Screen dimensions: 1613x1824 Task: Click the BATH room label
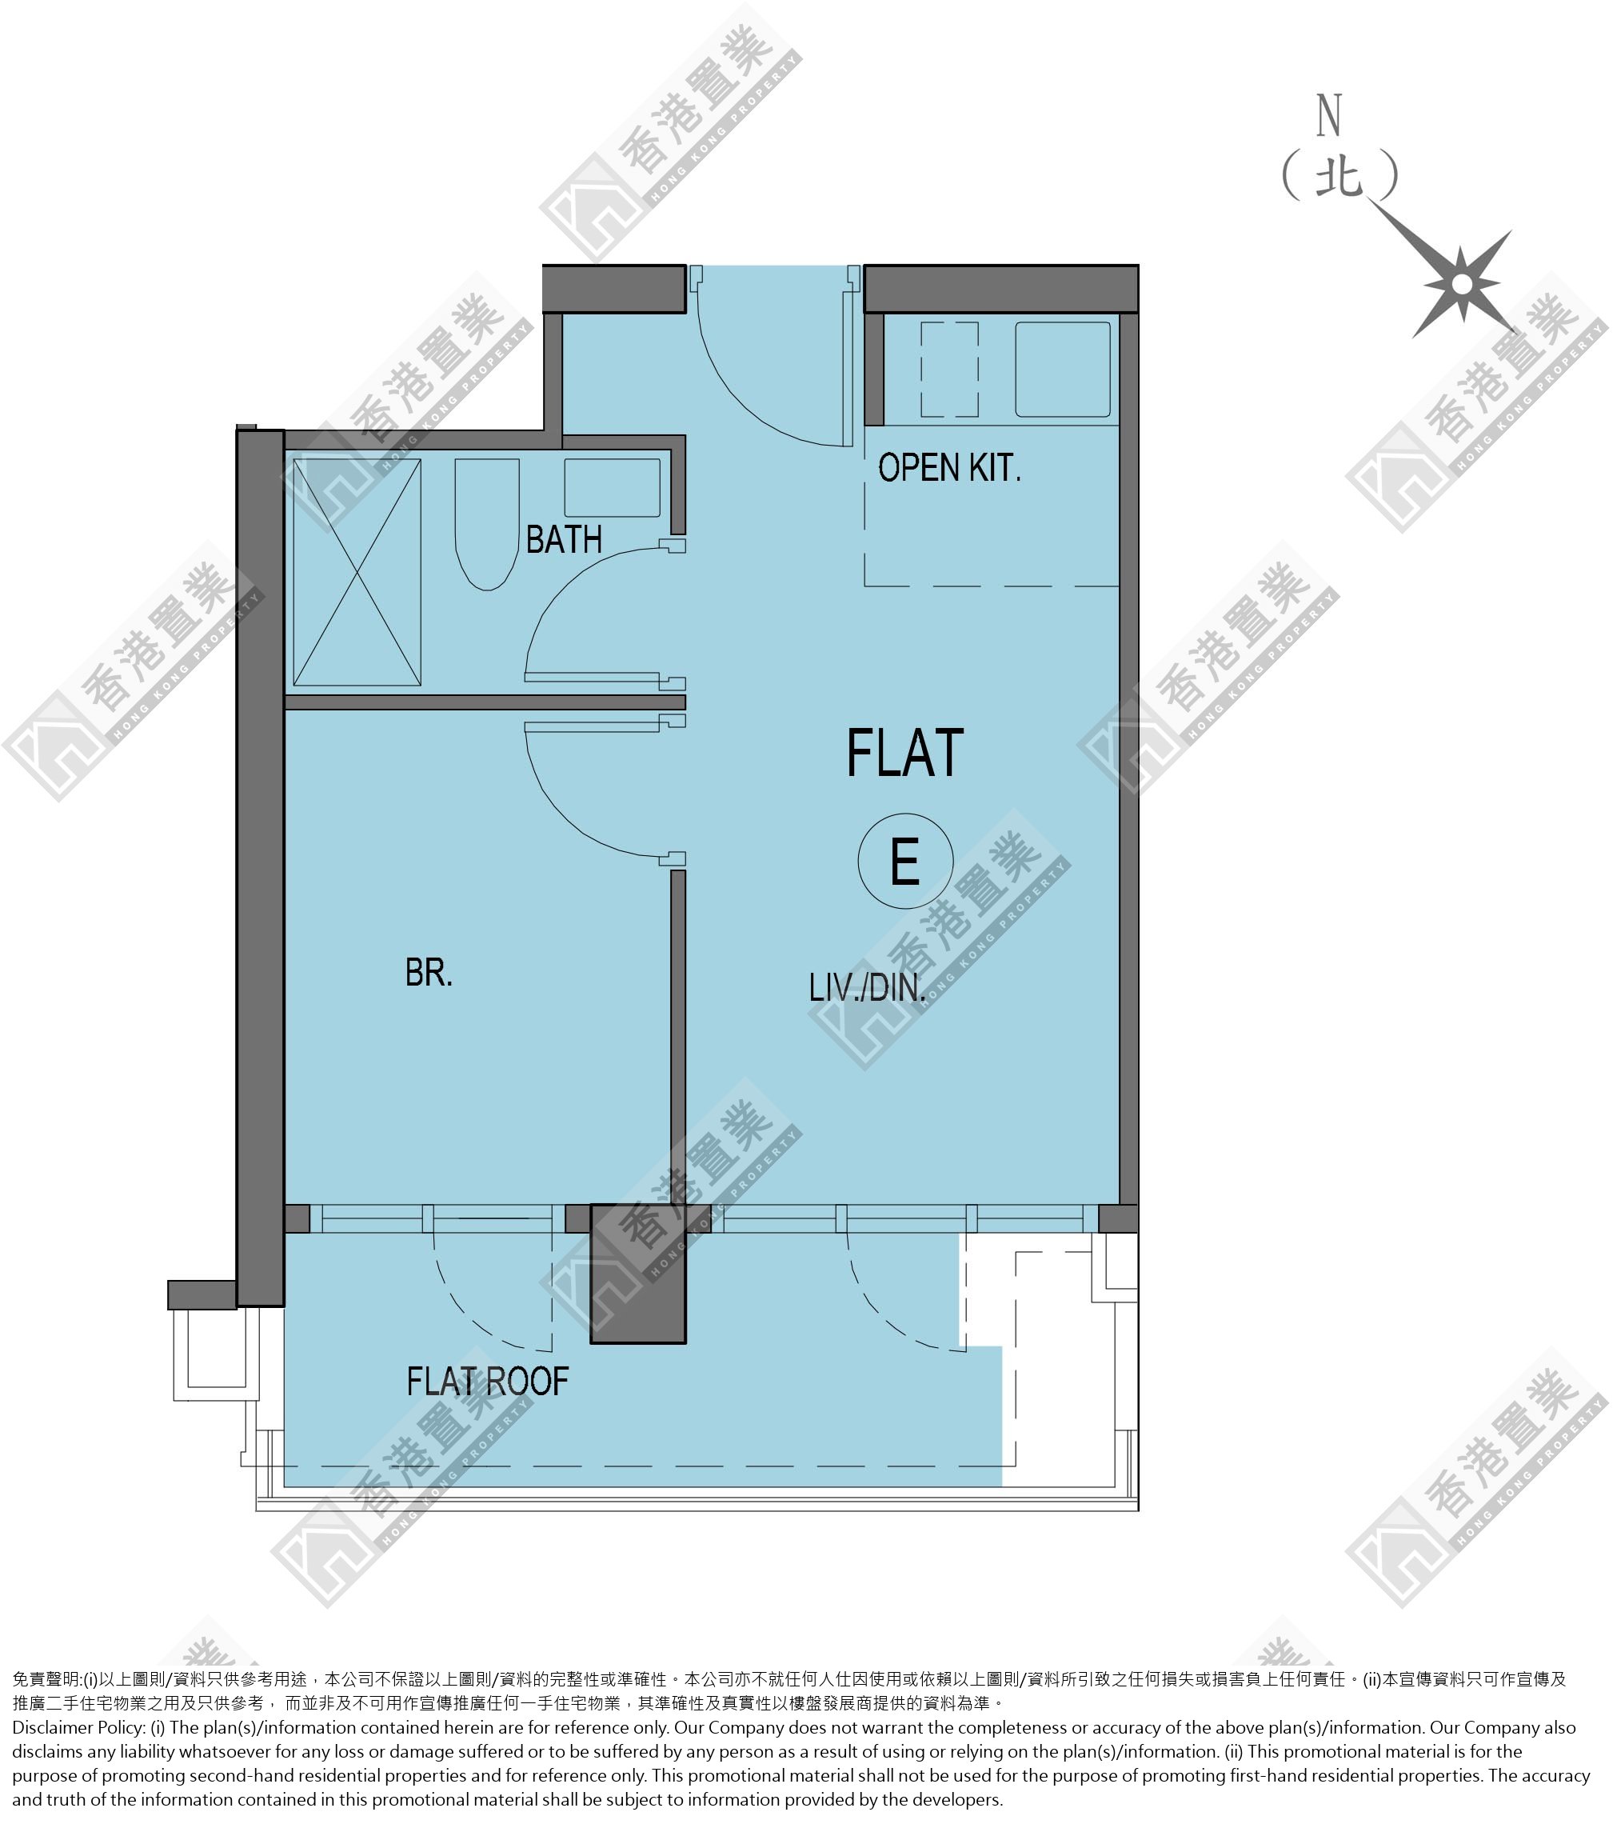(564, 539)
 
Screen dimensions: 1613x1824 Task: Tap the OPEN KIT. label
(949, 468)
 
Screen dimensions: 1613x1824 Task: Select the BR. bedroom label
(429, 973)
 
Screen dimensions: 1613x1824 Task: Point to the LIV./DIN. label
(866, 988)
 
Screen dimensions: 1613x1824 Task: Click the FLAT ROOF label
(487, 1382)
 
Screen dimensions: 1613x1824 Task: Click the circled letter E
(905, 861)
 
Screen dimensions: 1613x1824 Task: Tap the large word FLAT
(904, 753)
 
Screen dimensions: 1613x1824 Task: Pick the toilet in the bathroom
(487, 525)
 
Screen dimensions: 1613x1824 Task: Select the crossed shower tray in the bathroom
(357, 572)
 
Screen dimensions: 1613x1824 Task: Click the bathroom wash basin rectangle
(612, 487)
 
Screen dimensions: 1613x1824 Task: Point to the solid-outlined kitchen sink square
(1063, 370)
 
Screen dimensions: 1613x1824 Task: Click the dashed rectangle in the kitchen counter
(949, 370)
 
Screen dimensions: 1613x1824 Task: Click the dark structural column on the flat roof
(638, 1274)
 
